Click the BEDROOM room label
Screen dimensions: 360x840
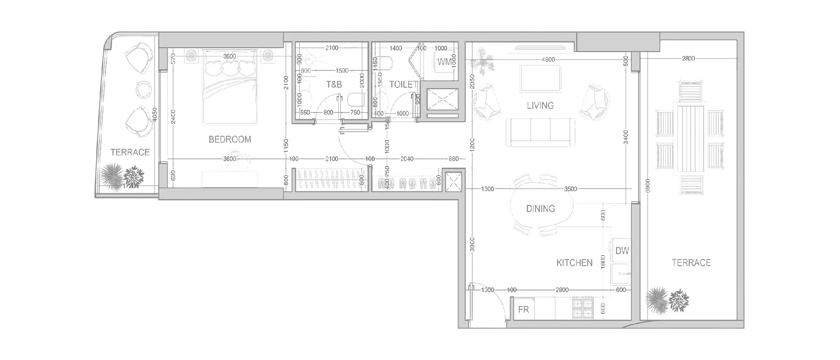tap(230, 140)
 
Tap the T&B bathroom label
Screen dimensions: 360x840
tap(334, 84)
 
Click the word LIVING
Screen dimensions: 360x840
tap(540, 105)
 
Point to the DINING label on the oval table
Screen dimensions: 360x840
tap(540, 209)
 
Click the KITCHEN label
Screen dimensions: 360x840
tap(574, 263)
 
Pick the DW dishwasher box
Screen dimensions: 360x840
tap(622, 251)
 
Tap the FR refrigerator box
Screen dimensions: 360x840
tap(523, 309)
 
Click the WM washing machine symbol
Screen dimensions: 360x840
tap(444, 62)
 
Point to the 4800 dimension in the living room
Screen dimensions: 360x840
tap(548, 60)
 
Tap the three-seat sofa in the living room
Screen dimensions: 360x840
tap(540, 133)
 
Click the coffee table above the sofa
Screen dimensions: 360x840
tap(540, 79)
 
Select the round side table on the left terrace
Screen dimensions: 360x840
tap(144, 90)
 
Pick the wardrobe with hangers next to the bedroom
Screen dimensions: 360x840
tap(330, 180)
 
